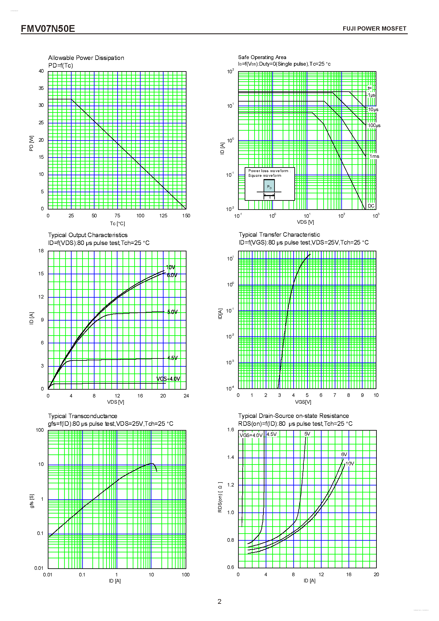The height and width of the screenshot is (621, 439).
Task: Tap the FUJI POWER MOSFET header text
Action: coord(374,29)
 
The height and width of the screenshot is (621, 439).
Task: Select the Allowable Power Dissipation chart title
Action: coord(86,58)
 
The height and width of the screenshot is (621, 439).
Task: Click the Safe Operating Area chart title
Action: coord(262,57)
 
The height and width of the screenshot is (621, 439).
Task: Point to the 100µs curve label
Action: coord(374,126)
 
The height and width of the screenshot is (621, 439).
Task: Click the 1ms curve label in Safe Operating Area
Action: coord(374,156)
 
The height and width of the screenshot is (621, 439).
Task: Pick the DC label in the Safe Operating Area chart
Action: coord(371,206)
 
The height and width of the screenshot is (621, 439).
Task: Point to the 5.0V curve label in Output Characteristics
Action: coord(172,312)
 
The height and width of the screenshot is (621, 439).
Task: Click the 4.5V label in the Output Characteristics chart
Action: coord(172,358)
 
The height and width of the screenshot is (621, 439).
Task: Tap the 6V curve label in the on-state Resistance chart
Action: coord(344,454)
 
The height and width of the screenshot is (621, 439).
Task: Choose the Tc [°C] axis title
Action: coord(117,224)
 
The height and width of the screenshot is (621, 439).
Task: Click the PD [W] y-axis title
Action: coord(32,143)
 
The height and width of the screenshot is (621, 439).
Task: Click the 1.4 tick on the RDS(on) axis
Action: coord(231,457)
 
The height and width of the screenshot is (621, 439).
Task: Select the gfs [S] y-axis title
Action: coord(32,501)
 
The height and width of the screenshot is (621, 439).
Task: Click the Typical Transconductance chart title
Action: coord(82,416)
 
